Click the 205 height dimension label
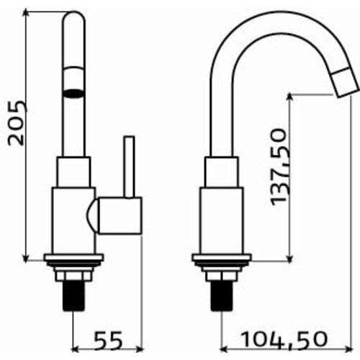[x=17, y=123]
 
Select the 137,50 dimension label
[x=279, y=168]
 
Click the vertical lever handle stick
[x=129, y=167]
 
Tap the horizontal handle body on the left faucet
[x=120, y=215]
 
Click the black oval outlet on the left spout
[x=73, y=94]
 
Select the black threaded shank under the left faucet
[x=73, y=297]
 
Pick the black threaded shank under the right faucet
[x=222, y=297]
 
